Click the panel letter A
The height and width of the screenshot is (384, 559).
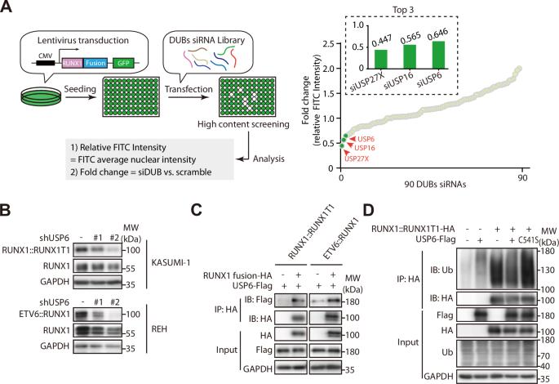click(x=7, y=8)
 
